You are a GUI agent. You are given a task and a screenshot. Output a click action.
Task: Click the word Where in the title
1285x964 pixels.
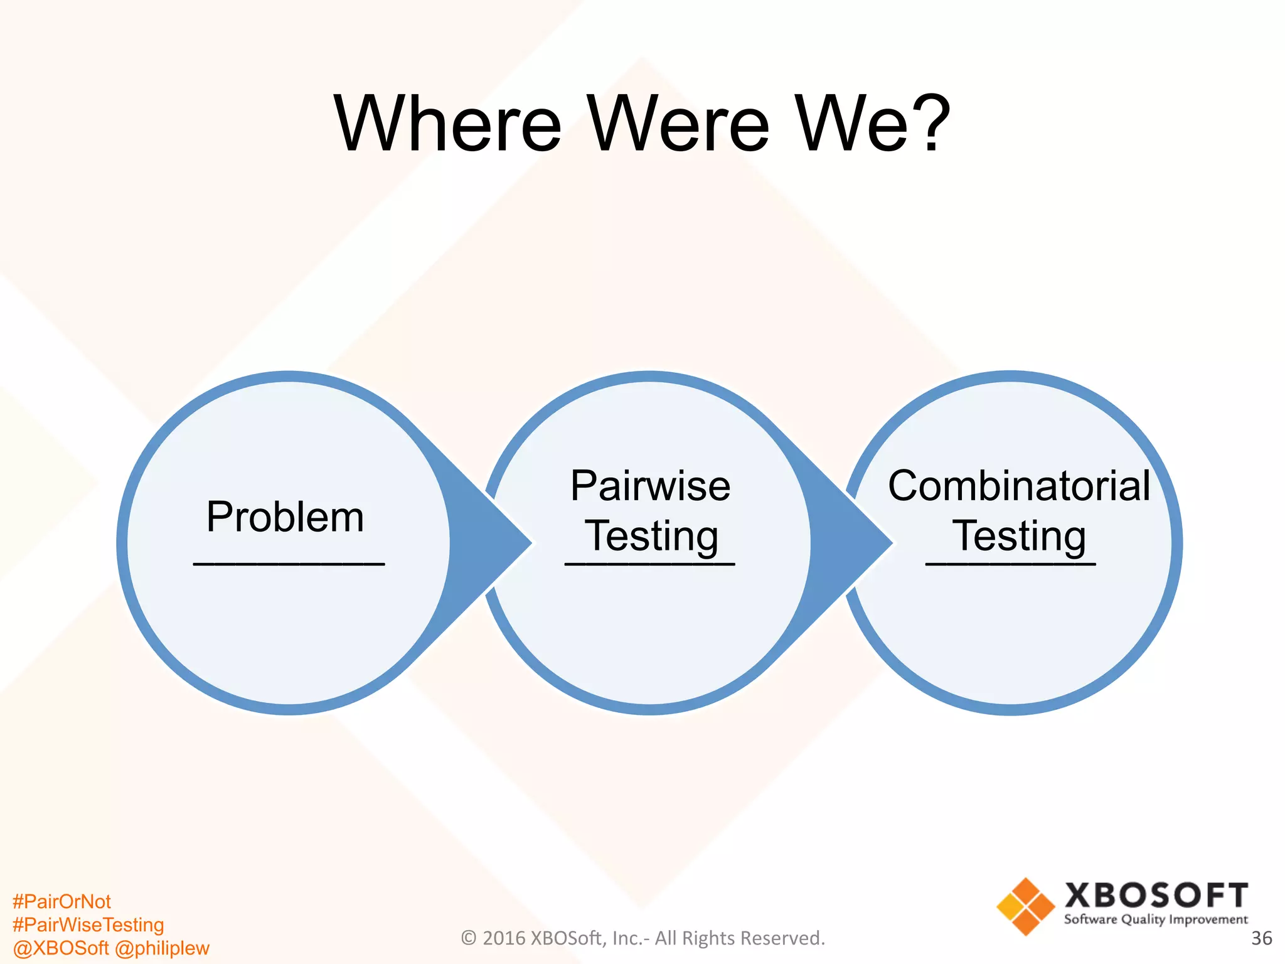point(447,124)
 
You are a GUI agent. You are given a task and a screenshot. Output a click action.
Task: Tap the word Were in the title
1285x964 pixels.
point(678,124)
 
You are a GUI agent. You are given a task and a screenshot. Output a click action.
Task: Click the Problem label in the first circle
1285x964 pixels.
point(285,517)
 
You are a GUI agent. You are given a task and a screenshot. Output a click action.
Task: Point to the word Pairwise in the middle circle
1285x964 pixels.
point(650,486)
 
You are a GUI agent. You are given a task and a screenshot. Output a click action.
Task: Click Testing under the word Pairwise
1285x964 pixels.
point(651,536)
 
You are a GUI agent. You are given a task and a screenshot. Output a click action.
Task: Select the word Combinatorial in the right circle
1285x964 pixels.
point(1019,486)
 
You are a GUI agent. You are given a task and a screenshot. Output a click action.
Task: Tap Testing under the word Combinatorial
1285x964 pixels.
point(1019,536)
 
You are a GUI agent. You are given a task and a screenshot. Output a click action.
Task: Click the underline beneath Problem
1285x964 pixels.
point(289,564)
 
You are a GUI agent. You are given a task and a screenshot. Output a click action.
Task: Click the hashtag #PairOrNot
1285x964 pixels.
point(61,902)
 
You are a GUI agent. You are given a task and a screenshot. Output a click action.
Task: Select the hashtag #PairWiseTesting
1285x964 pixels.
point(88,925)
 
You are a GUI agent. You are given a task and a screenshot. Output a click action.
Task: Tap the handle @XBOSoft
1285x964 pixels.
point(60,948)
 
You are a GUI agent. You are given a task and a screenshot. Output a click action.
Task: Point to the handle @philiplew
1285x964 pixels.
point(163,948)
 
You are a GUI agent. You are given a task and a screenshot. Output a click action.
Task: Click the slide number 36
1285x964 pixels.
point(1261,938)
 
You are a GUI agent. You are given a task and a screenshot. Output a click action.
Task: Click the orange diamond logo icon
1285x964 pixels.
point(1025,907)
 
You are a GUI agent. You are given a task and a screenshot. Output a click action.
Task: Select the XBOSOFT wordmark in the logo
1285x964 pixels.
point(1156,896)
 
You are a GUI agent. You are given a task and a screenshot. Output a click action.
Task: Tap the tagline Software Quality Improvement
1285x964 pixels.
point(1156,920)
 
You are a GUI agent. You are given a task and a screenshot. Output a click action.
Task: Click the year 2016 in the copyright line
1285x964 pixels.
point(504,938)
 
